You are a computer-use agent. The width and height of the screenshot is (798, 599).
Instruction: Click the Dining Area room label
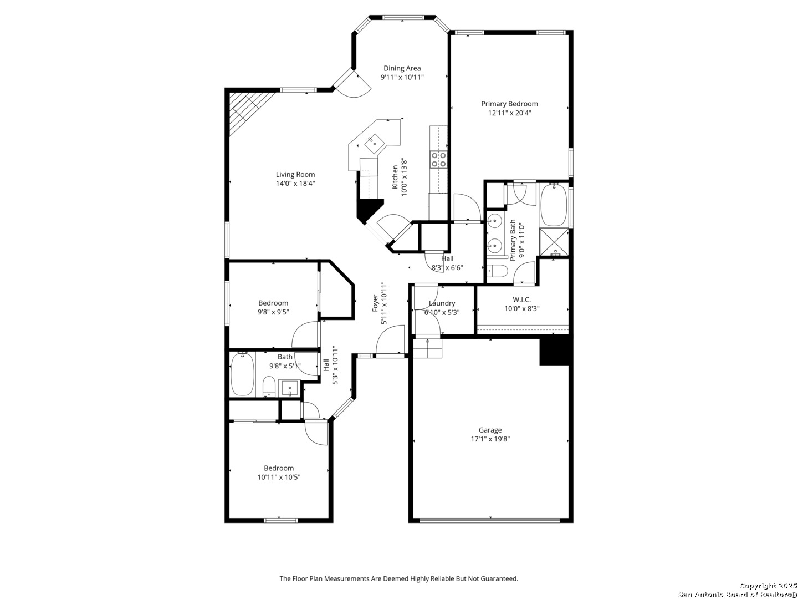tap(402, 68)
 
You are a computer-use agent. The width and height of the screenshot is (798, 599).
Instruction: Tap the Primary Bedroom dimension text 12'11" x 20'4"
tap(509, 113)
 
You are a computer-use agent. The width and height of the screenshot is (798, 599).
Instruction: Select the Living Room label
tap(295, 175)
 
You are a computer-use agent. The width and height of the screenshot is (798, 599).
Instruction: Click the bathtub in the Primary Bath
tap(554, 205)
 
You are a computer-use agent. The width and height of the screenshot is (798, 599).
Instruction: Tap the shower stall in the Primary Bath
tap(554, 242)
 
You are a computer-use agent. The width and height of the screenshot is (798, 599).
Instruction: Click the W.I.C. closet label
tap(521, 299)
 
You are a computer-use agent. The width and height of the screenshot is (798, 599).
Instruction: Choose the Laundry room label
tap(442, 303)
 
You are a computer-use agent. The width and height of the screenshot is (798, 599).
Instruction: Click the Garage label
tap(490, 430)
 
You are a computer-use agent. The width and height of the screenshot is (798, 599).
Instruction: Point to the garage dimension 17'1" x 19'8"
tap(490, 439)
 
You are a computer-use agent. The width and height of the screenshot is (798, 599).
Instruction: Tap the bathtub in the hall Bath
tap(243, 374)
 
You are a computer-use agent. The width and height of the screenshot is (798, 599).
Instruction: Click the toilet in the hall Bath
tap(269, 386)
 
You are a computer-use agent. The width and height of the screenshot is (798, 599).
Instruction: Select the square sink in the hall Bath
tap(289, 388)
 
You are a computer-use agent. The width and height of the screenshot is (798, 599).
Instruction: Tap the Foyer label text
tap(375, 303)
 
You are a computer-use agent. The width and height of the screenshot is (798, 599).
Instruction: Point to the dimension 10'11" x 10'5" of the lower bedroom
tap(279, 477)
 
